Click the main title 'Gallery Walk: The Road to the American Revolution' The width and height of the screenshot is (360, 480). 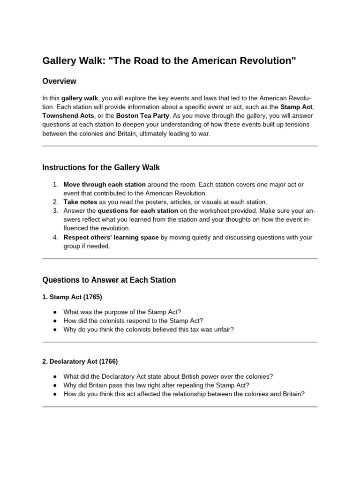[x=169, y=61]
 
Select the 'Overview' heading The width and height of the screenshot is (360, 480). [x=59, y=81]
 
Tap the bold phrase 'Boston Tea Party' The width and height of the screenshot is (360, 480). [x=142, y=115]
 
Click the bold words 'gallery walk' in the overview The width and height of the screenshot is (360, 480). [x=80, y=98]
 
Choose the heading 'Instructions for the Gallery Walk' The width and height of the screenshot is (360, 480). [x=101, y=167]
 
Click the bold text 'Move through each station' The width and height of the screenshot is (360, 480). [x=105, y=184]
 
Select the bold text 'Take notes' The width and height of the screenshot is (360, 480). [x=80, y=202]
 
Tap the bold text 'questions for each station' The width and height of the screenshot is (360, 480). [x=138, y=210]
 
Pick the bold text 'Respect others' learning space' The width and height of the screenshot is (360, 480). [x=111, y=237]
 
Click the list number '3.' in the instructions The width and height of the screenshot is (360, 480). [x=55, y=210]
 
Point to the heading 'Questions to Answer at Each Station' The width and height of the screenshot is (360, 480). [x=109, y=280]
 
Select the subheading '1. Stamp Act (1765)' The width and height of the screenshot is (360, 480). [x=72, y=297]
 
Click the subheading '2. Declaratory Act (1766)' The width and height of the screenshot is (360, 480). [x=80, y=361]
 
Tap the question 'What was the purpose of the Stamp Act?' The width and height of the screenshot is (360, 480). [x=122, y=312]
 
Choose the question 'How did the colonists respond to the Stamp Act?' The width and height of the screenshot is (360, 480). [x=133, y=321]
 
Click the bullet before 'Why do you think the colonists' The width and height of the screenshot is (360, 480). [x=55, y=330]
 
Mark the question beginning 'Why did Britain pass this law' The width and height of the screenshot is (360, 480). [x=156, y=385]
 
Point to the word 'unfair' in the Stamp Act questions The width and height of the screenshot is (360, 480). [x=223, y=330]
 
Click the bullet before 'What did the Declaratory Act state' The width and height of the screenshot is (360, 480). [x=55, y=376]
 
